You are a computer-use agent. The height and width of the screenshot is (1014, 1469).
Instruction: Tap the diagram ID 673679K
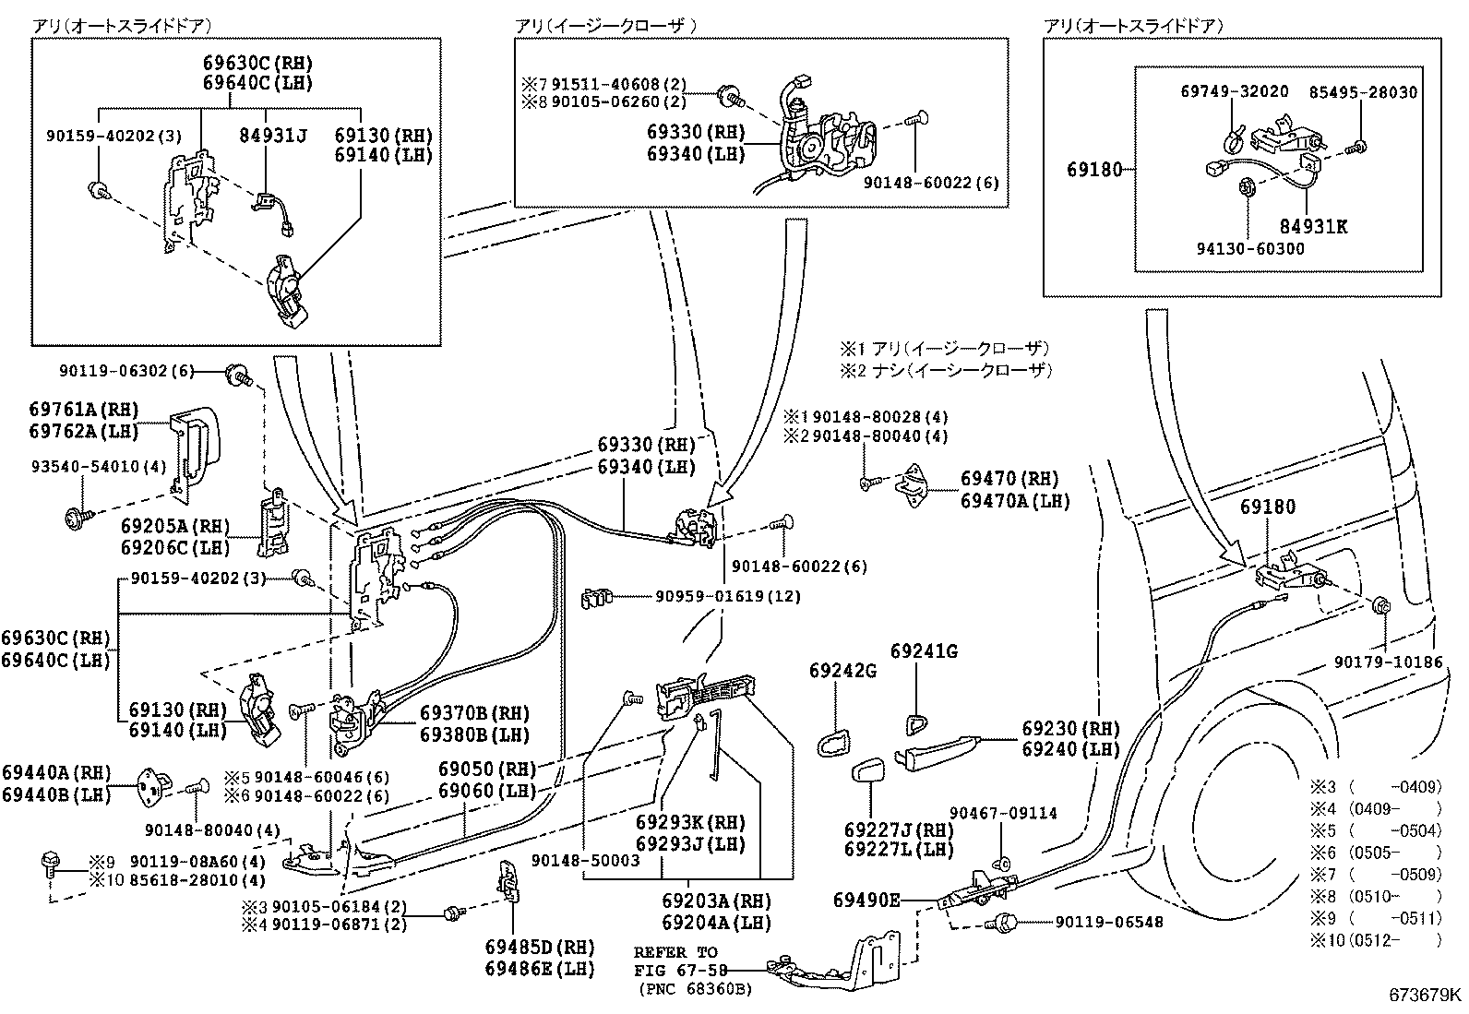(1426, 995)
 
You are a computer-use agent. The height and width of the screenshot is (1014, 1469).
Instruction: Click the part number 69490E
(865, 900)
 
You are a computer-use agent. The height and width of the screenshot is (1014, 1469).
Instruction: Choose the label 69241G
(923, 651)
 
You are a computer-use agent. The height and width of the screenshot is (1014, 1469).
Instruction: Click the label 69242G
(842, 670)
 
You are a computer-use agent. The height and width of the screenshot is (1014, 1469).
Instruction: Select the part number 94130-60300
(1251, 249)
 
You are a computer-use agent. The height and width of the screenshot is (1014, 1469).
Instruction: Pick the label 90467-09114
(1003, 814)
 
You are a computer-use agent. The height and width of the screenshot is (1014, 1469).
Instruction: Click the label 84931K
(1312, 226)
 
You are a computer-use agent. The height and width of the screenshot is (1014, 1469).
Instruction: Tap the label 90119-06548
(1095, 922)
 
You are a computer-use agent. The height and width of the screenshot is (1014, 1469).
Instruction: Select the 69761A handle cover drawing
(196, 445)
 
